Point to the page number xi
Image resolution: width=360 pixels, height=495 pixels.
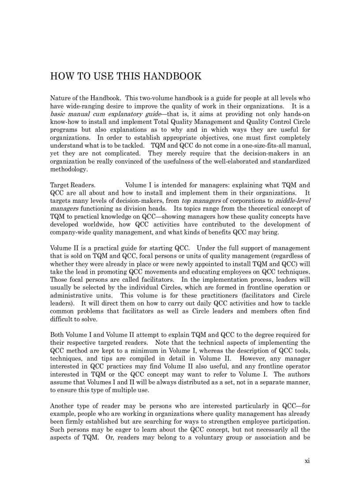(307, 461)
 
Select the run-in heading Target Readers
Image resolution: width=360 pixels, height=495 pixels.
(73, 185)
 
